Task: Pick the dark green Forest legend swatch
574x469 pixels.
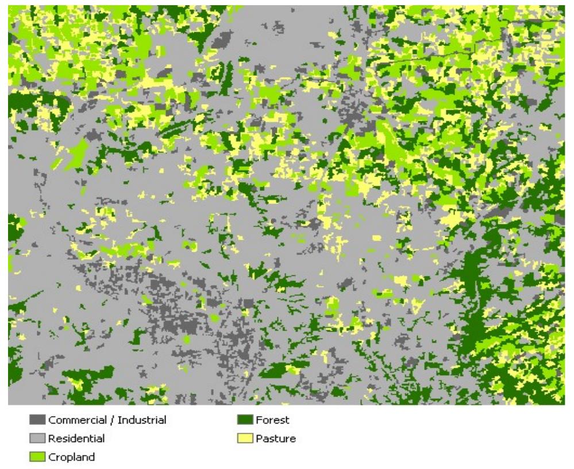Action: click(x=245, y=420)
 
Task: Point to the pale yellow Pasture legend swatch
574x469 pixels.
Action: click(x=245, y=439)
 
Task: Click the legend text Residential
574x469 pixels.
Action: click(x=76, y=439)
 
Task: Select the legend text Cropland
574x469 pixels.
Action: click(x=72, y=457)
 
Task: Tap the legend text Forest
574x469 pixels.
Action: click(x=273, y=420)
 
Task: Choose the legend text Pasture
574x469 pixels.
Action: click(x=276, y=439)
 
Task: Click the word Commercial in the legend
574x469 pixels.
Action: click(x=74, y=420)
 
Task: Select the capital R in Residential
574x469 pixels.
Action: click(x=52, y=439)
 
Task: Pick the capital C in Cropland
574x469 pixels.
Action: click(x=52, y=457)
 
